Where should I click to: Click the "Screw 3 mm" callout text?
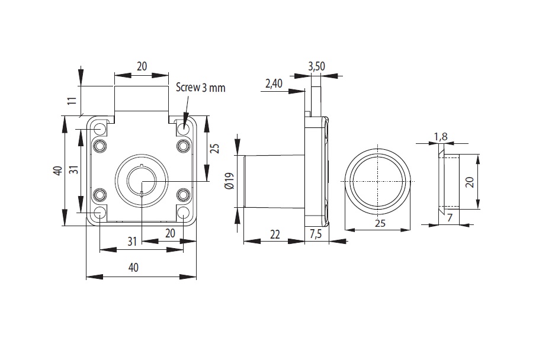(201, 88)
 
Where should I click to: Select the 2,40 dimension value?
(274, 83)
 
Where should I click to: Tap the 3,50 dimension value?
(316, 66)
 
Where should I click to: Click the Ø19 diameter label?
(230, 181)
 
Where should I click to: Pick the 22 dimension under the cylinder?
(275, 234)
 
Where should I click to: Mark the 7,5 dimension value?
(316, 234)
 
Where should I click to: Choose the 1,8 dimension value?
(441, 137)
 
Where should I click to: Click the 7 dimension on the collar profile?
(450, 218)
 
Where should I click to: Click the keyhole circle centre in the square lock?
(142, 180)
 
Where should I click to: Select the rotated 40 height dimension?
(57, 171)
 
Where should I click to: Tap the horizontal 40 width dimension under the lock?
(134, 268)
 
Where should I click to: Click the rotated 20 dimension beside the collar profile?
(469, 181)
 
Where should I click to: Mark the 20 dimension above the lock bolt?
(142, 67)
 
